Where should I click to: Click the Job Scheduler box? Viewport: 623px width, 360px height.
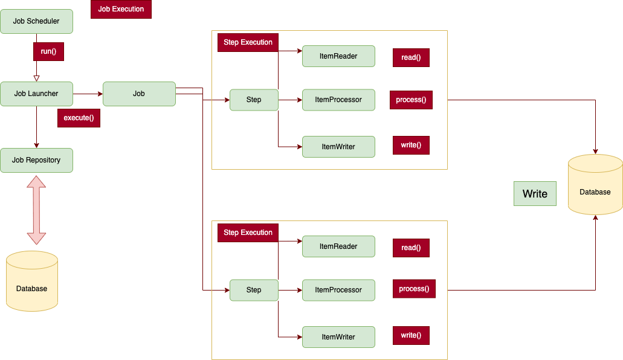(36, 22)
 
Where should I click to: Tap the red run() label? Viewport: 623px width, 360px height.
(48, 51)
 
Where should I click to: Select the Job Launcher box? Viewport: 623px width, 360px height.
(36, 94)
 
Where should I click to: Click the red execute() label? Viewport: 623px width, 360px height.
(79, 118)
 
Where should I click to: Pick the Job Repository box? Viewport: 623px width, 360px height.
(36, 160)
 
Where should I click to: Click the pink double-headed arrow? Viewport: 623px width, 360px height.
(36, 210)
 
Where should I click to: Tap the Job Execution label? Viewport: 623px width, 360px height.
(121, 9)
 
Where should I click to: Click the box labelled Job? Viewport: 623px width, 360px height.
(139, 94)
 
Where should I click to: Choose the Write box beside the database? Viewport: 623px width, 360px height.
(535, 194)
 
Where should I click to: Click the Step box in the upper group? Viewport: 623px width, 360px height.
(254, 100)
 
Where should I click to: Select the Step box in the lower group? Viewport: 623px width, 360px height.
(254, 290)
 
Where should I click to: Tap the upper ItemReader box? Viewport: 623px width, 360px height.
(338, 56)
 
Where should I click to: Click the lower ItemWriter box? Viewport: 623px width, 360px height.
(338, 337)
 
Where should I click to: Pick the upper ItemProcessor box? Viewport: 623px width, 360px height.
(338, 100)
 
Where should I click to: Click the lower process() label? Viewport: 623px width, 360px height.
(414, 289)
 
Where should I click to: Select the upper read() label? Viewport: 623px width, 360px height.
(411, 57)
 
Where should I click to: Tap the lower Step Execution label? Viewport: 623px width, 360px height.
(248, 233)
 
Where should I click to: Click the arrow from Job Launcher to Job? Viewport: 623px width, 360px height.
(88, 94)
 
